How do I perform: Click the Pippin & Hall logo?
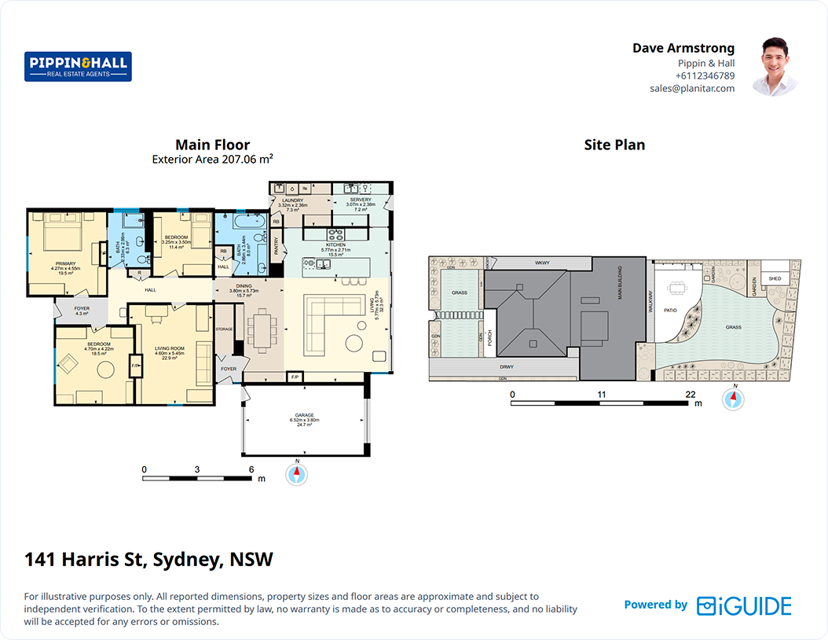pyautogui.click(x=78, y=67)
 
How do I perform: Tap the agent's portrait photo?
pyautogui.click(x=774, y=66)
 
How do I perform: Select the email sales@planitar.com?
pyautogui.click(x=691, y=89)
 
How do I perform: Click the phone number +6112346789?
pyautogui.click(x=705, y=76)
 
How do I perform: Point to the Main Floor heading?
pyautogui.click(x=212, y=145)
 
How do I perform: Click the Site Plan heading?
pyautogui.click(x=614, y=145)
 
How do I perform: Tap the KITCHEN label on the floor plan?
pyautogui.click(x=335, y=245)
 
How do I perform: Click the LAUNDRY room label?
pyautogui.click(x=292, y=200)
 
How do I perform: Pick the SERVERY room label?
pyautogui.click(x=361, y=200)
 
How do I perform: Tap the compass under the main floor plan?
pyautogui.click(x=297, y=474)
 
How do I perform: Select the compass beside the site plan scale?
pyautogui.click(x=732, y=399)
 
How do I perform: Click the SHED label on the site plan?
pyautogui.click(x=775, y=278)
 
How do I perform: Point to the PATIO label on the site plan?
pyautogui.click(x=670, y=310)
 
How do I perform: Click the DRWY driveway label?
pyautogui.click(x=506, y=366)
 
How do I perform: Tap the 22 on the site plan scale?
pyautogui.click(x=690, y=394)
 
